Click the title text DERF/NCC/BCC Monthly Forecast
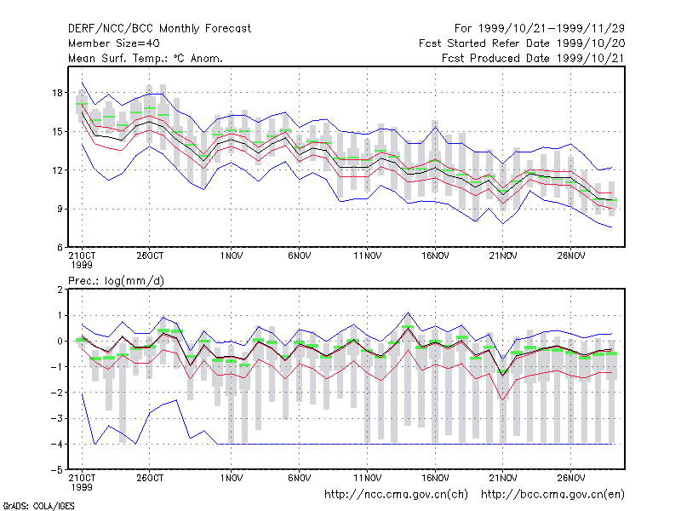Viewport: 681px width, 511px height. pyautogui.click(x=159, y=29)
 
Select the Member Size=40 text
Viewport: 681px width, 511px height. pyautogui.click(x=114, y=43)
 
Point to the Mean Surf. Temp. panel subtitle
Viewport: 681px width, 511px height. pyautogui.click(x=145, y=58)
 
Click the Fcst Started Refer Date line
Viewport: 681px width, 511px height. pyautogui.click(x=522, y=43)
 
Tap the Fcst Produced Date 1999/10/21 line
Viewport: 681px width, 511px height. pyautogui.click(x=534, y=58)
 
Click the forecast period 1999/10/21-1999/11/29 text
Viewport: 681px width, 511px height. pyautogui.click(x=540, y=29)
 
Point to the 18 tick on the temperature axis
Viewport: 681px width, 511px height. pyautogui.click(x=57, y=93)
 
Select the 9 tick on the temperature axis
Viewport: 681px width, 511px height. pyautogui.click(x=60, y=209)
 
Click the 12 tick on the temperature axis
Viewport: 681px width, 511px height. pyautogui.click(x=57, y=170)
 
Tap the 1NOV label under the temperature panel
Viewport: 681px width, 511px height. pyautogui.click(x=231, y=256)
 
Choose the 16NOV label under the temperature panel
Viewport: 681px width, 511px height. pyautogui.click(x=435, y=256)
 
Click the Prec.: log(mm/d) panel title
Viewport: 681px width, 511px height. pyautogui.click(x=116, y=281)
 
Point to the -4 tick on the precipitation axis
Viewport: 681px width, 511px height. pyautogui.click(x=57, y=444)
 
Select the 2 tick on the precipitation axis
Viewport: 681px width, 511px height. pyautogui.click(x=60, y=290)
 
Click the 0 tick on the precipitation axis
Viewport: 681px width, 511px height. pyautogui.click(x=60, y=342)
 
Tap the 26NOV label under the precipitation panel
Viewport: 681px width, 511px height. pyautogui.click(x=571, y=478)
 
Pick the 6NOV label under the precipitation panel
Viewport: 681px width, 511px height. pyautogui.click(x=300, y=478)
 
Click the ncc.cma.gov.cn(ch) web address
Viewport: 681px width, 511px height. pyautogui.click(x=396, y=495)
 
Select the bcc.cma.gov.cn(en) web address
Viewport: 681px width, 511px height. pyautogui.click(x=552, y=495)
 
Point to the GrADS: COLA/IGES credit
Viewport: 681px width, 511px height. pyautogui.click(x=38, y=506)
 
